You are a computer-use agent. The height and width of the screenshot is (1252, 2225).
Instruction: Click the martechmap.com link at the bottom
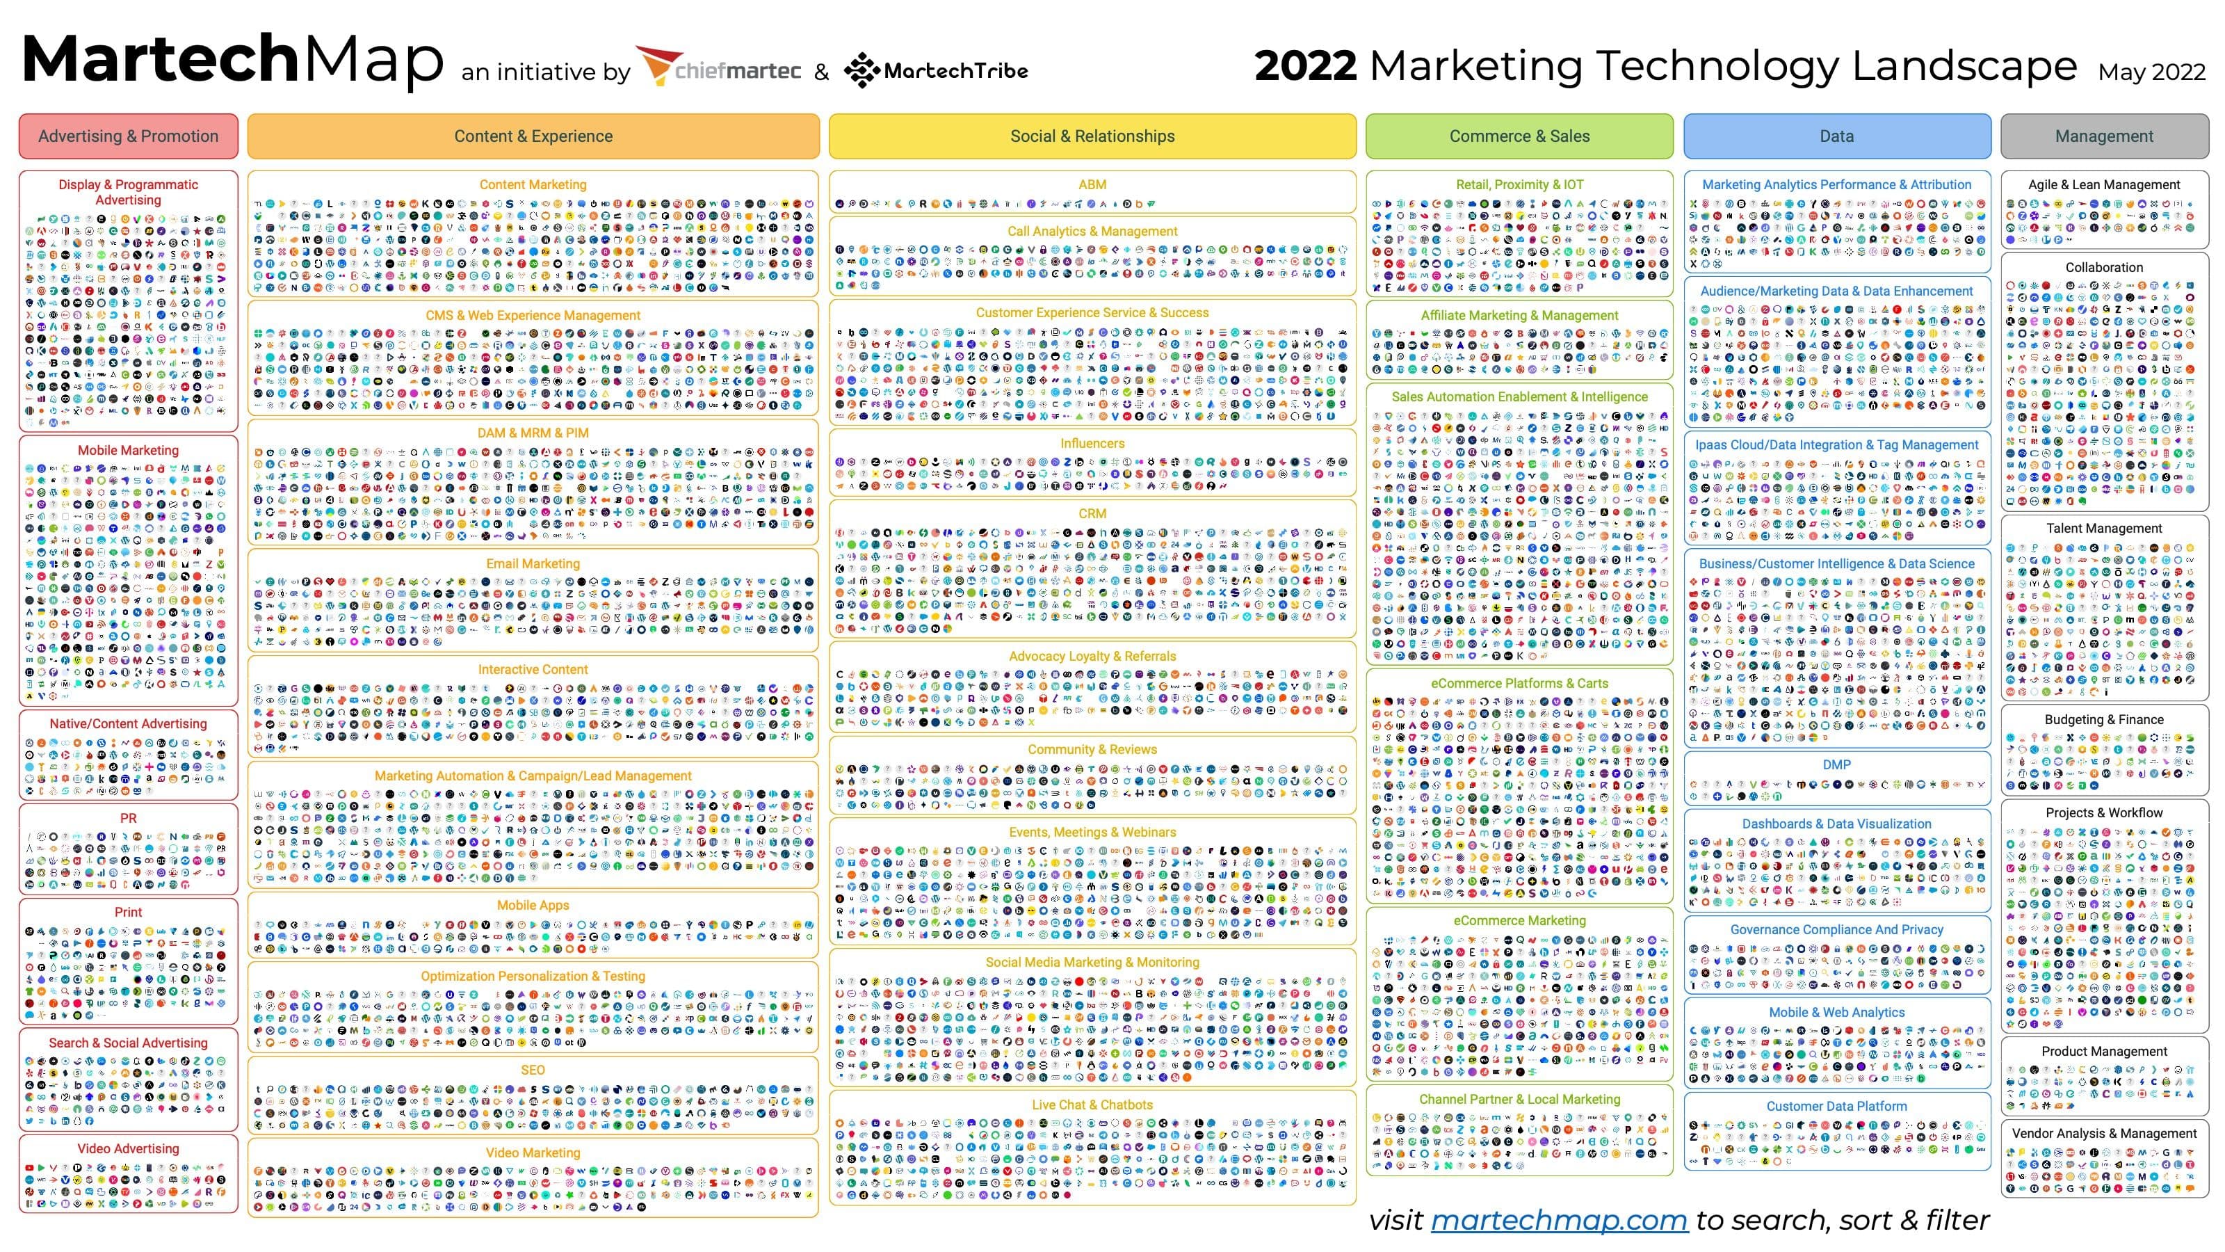[x=1559, y=1219]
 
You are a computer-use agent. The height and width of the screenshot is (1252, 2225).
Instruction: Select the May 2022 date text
[x=2151, y=72]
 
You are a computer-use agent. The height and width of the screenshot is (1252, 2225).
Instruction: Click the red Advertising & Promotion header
[x=128, y=136]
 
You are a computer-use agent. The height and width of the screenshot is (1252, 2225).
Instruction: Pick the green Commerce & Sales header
[x=1519, y=136]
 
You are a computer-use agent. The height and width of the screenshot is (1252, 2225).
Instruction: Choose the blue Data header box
[x=1836, y=136]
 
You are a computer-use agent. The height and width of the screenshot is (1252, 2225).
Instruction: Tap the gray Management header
[x=2104, y=136]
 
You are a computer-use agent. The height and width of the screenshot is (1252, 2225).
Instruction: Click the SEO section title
[x=533, y=1070]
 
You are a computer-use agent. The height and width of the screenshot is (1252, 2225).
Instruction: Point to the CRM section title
[x=1092, y=513]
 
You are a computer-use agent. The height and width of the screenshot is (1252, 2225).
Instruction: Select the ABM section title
[x=1092, y=184]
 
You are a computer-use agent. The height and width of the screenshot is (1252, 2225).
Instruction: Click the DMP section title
[x=1836, y=764]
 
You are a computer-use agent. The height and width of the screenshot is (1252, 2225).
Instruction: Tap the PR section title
[x=128, y=817]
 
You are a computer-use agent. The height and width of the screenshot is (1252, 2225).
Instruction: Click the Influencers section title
[x=1092, y=443]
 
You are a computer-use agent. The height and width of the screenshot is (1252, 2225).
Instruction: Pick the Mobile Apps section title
[x=533, y=905]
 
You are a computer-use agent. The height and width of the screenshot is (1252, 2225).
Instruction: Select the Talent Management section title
[x=2104, y=528]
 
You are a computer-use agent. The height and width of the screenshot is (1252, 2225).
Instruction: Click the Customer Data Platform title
[x=1836, y=1106]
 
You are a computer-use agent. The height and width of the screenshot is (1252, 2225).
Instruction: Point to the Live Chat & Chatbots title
[x=1092, y=1105]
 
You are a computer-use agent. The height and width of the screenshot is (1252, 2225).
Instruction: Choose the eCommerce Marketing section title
[x=1519, y=920]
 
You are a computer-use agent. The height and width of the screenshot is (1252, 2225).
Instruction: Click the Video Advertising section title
[x=128, y=1148]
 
